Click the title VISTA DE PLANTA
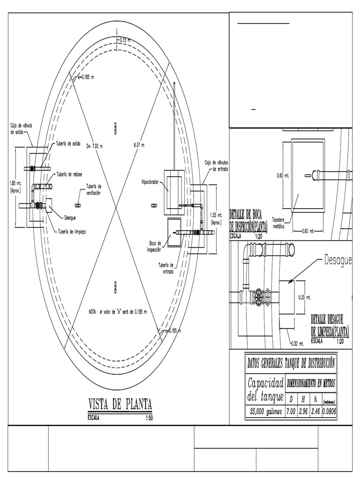coord(120,404)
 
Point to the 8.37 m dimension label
coord(139,146)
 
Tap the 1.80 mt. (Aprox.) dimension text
coord(15,187)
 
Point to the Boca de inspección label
coord(154,247)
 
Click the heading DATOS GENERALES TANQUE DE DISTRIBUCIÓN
coord(291,363)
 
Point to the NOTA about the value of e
coord(118,312)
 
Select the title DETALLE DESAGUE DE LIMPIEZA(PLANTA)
coord(330,325)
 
